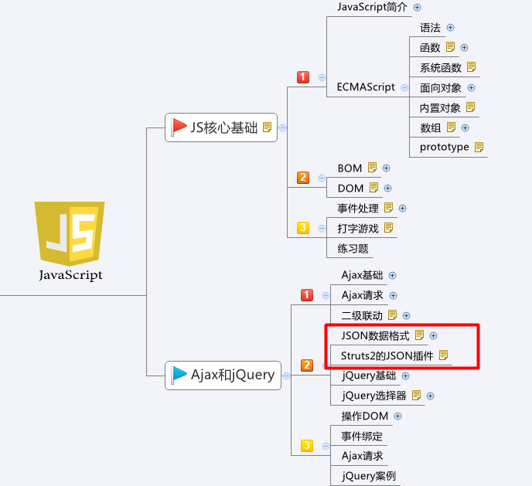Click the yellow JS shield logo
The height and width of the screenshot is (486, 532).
(70, 232)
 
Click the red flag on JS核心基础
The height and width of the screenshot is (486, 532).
(179, 126)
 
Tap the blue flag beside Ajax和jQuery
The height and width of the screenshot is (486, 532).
(179, 375)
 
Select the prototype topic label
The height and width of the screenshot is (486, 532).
(445, 147)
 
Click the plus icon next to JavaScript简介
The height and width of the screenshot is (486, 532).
(418, 7)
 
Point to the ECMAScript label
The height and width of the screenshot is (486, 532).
(367, 87)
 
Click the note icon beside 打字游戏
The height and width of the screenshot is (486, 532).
(389, 228)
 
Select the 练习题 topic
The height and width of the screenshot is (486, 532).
(353, 249)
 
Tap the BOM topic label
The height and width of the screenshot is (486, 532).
(350, 168)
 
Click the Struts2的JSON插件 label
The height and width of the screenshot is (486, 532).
(382, 355)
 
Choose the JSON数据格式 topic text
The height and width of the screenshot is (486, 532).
(375, 335)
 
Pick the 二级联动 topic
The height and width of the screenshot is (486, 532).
(362, 315)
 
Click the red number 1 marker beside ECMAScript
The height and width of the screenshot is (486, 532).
(303, 76)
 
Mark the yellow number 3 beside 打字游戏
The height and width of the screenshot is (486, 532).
(303, 228)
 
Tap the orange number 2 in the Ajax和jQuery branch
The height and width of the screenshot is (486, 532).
(307, 365)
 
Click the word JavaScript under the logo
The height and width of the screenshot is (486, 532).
(70, 274)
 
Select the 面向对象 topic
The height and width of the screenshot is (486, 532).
(441, 87)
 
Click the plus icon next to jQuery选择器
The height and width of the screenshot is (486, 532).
(431, 396)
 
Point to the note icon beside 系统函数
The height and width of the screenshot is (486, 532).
(471, 67)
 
